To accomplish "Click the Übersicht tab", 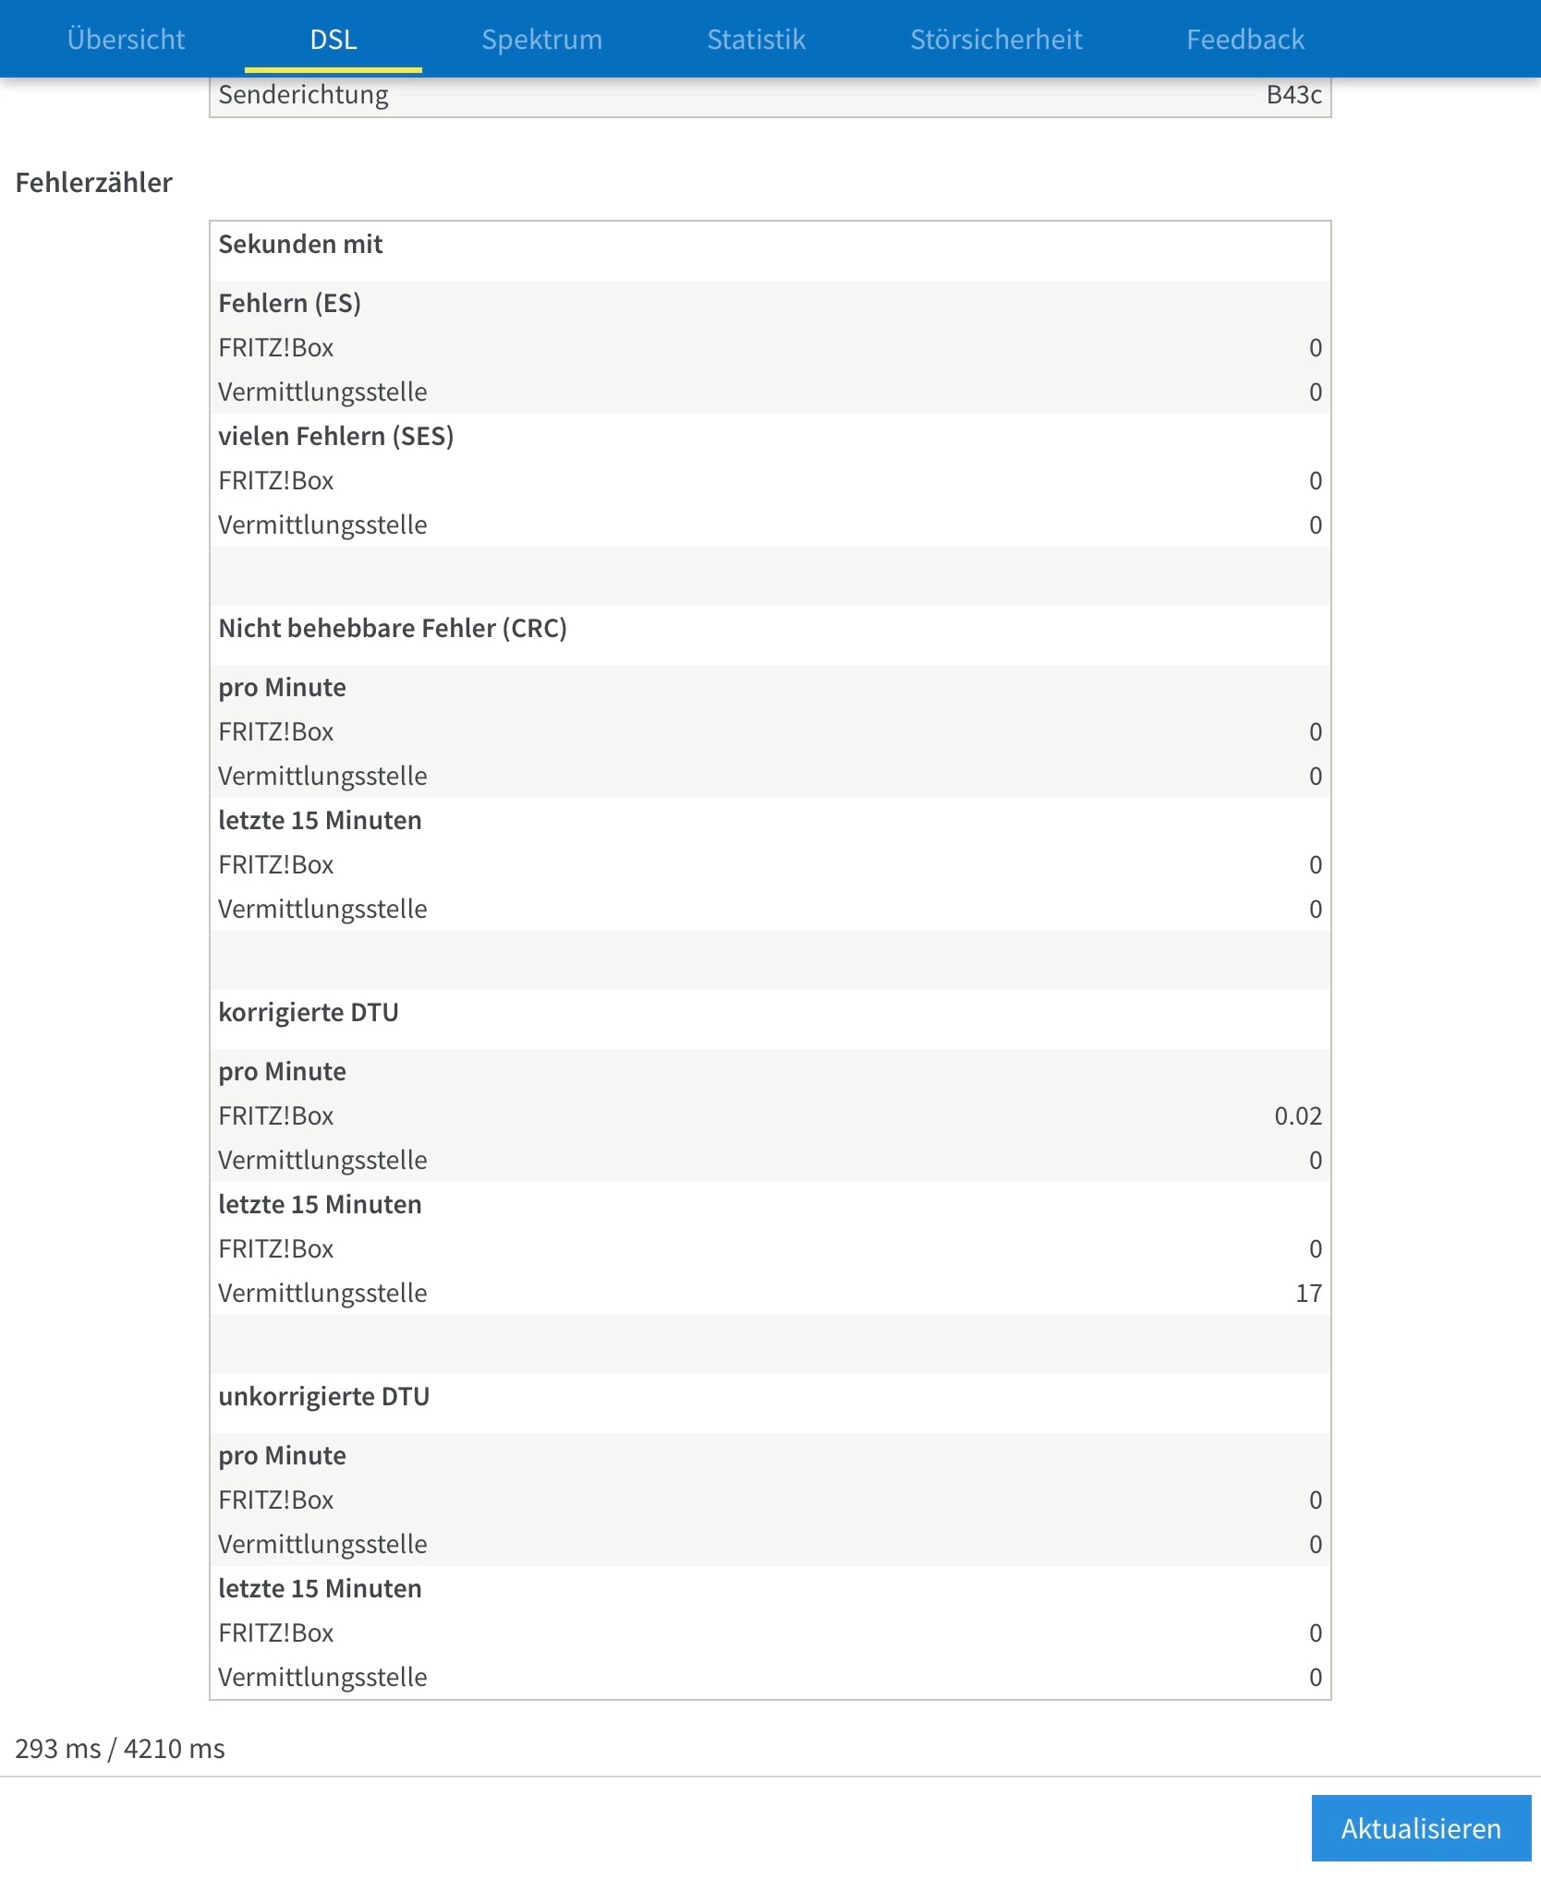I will click(126, 40).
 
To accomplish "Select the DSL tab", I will click(334, 40).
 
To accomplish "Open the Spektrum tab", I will click(541, 40).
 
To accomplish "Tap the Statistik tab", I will click(756, 40).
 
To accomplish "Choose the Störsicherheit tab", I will click(996, 40).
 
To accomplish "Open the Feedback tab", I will click(1244, 40).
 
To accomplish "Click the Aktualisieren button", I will click(1420, 1828).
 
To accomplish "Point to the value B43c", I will click(1293, 95).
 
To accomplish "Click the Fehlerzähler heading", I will click(94, 183).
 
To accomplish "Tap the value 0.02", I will click(1297, 1115).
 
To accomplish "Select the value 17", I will click(1308, 1293).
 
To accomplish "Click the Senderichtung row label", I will click(303, 95).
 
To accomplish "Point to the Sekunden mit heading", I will click(300, 245).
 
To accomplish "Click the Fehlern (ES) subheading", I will click(289, 303).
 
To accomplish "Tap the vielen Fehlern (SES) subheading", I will click(335, 436).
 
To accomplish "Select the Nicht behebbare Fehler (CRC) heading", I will click(393, 628).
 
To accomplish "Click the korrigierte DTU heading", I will click(309, 1012).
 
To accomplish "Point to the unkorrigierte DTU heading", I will click(324, 1396).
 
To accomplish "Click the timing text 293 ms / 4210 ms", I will click(120, 1749).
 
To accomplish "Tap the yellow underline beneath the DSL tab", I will click(334, 70).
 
